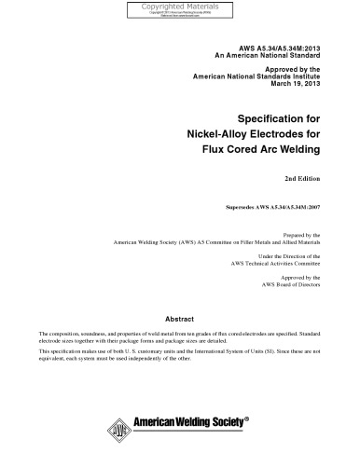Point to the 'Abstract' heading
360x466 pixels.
pos(180,317)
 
